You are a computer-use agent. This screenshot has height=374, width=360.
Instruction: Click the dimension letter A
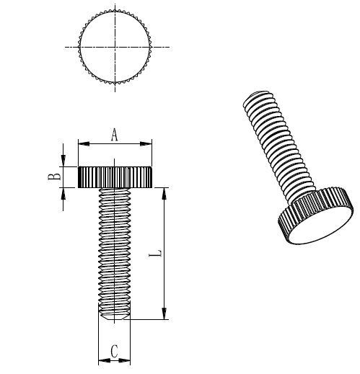(114, 133)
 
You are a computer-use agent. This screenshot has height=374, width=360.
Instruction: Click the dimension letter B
(53, 177)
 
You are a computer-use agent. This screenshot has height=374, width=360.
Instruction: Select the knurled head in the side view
(115, 177)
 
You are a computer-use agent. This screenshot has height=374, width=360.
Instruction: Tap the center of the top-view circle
(114, 46)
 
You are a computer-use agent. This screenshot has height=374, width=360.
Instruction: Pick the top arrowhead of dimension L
(166, 192)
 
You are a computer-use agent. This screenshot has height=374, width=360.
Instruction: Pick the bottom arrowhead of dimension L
(166, 314)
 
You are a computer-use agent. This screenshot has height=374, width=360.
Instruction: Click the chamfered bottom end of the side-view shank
(114, 315)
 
